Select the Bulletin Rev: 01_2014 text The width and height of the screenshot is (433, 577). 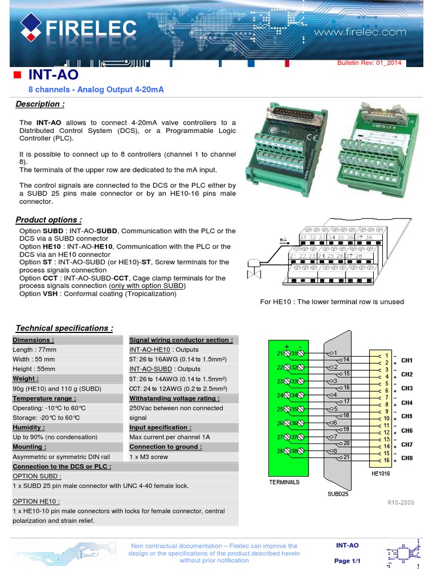(x=369, y=63)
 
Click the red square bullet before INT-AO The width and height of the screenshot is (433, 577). (x=16, y=75)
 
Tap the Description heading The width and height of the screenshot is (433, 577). (x=40, y=104)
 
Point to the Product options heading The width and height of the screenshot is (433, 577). (x=48, y=220)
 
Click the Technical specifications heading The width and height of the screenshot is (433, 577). (x=64, y=328)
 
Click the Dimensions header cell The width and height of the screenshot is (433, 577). (x=34, y=340)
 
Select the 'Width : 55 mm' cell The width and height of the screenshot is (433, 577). (x=34, y=359)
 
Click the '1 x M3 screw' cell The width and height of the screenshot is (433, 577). (x=149, y=457)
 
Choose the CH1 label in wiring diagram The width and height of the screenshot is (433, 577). (x=407, y=360)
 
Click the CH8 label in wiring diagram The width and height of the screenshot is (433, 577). (x=407, y=458)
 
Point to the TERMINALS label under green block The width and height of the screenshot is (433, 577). (x=285, y=482)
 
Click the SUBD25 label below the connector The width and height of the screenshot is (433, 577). (x=339, y=494)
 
